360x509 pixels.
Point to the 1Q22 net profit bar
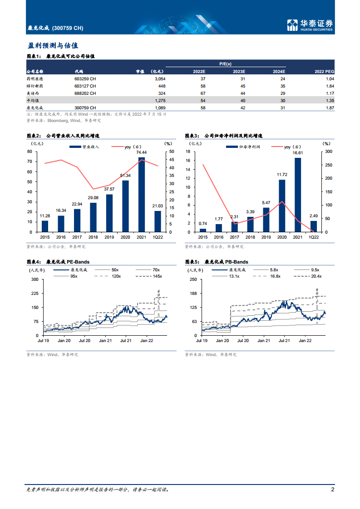pyautogui.click(x=314, y=226)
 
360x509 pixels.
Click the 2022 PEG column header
pyautogui.click(x=324, y=71)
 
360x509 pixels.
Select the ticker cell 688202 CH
pyautogui.click(x=85, y=93)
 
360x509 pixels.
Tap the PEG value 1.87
pyautogui.click(x=330, y=108)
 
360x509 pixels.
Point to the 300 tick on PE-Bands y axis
pyautogui.click(x=35, y=279)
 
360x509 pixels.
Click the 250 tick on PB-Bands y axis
pyautogui.click(x=192, y=279)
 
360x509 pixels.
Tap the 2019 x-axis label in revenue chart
pyautogui.click(x=109, y=237)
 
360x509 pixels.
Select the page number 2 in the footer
pyautogui.click(x=333, y=490)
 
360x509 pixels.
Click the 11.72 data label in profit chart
pyautogui.click(x=282, y=174)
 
